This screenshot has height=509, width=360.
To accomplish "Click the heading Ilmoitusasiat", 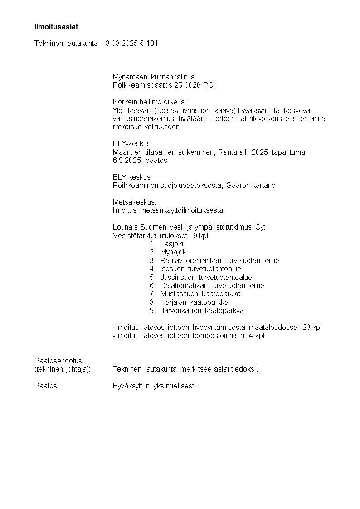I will [56, 27].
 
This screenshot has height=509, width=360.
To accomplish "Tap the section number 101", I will [152, 44].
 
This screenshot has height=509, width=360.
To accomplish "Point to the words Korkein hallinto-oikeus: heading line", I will [149, 102].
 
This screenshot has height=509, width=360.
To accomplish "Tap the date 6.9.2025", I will [126, 161].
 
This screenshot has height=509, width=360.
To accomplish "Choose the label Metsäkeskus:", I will [134, 202].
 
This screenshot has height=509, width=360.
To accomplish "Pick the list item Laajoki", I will [172, 244].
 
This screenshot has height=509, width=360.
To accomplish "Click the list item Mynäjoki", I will [174, 252].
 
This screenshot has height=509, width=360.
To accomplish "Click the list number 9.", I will [153, 311].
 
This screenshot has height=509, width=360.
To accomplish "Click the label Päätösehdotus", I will [58, 361].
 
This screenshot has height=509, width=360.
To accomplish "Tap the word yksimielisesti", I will [176, 386].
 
